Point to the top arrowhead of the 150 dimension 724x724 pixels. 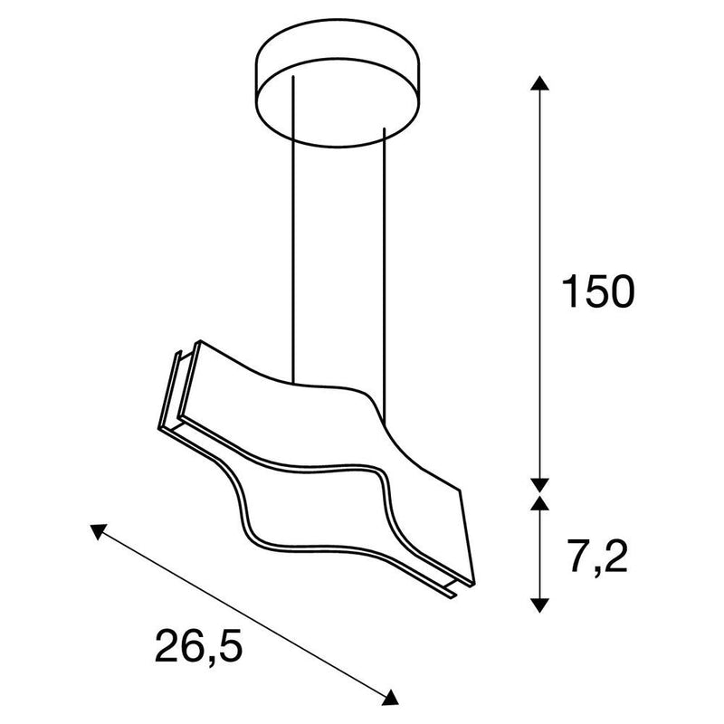pos(539,85)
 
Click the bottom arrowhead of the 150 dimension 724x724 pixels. pos(539,484)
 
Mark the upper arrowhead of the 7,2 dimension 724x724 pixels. pos(539,503)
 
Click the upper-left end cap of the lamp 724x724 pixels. pos(176,389)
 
